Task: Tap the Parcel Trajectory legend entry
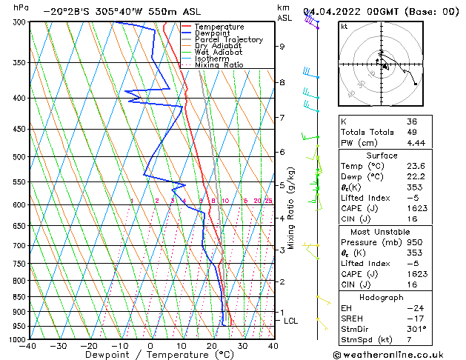coord(228,39)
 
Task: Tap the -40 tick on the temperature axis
coord(28,346)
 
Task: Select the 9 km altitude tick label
coord(282,47)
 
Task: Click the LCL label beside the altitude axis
coord(290,321)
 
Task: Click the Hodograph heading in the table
coord(382,297)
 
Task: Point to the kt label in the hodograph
coord(344,26)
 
